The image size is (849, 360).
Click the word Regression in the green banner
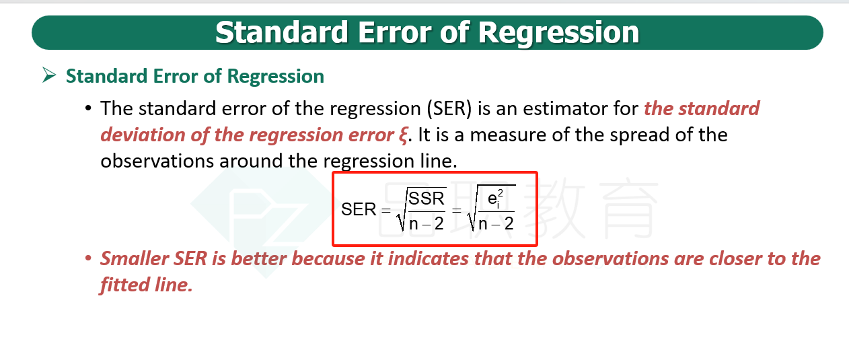pos(558,33)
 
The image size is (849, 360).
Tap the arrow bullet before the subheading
pos(49,75)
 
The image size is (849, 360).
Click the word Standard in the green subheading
pos(106,76)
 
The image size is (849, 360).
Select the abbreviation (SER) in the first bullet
pos(449,109)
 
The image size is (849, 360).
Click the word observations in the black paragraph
pos(157,161)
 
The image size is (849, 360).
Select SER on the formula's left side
pos(359,209)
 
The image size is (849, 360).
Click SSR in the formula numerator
pos(427,199)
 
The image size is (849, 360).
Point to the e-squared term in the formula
pos(495,199)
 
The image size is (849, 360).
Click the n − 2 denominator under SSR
pos(427,223)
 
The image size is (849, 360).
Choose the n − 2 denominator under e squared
pos(496,223)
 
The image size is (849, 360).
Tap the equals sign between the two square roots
pos(457,211)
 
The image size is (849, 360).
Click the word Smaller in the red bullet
pos(135,259)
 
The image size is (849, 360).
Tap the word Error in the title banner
pos(394,33)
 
